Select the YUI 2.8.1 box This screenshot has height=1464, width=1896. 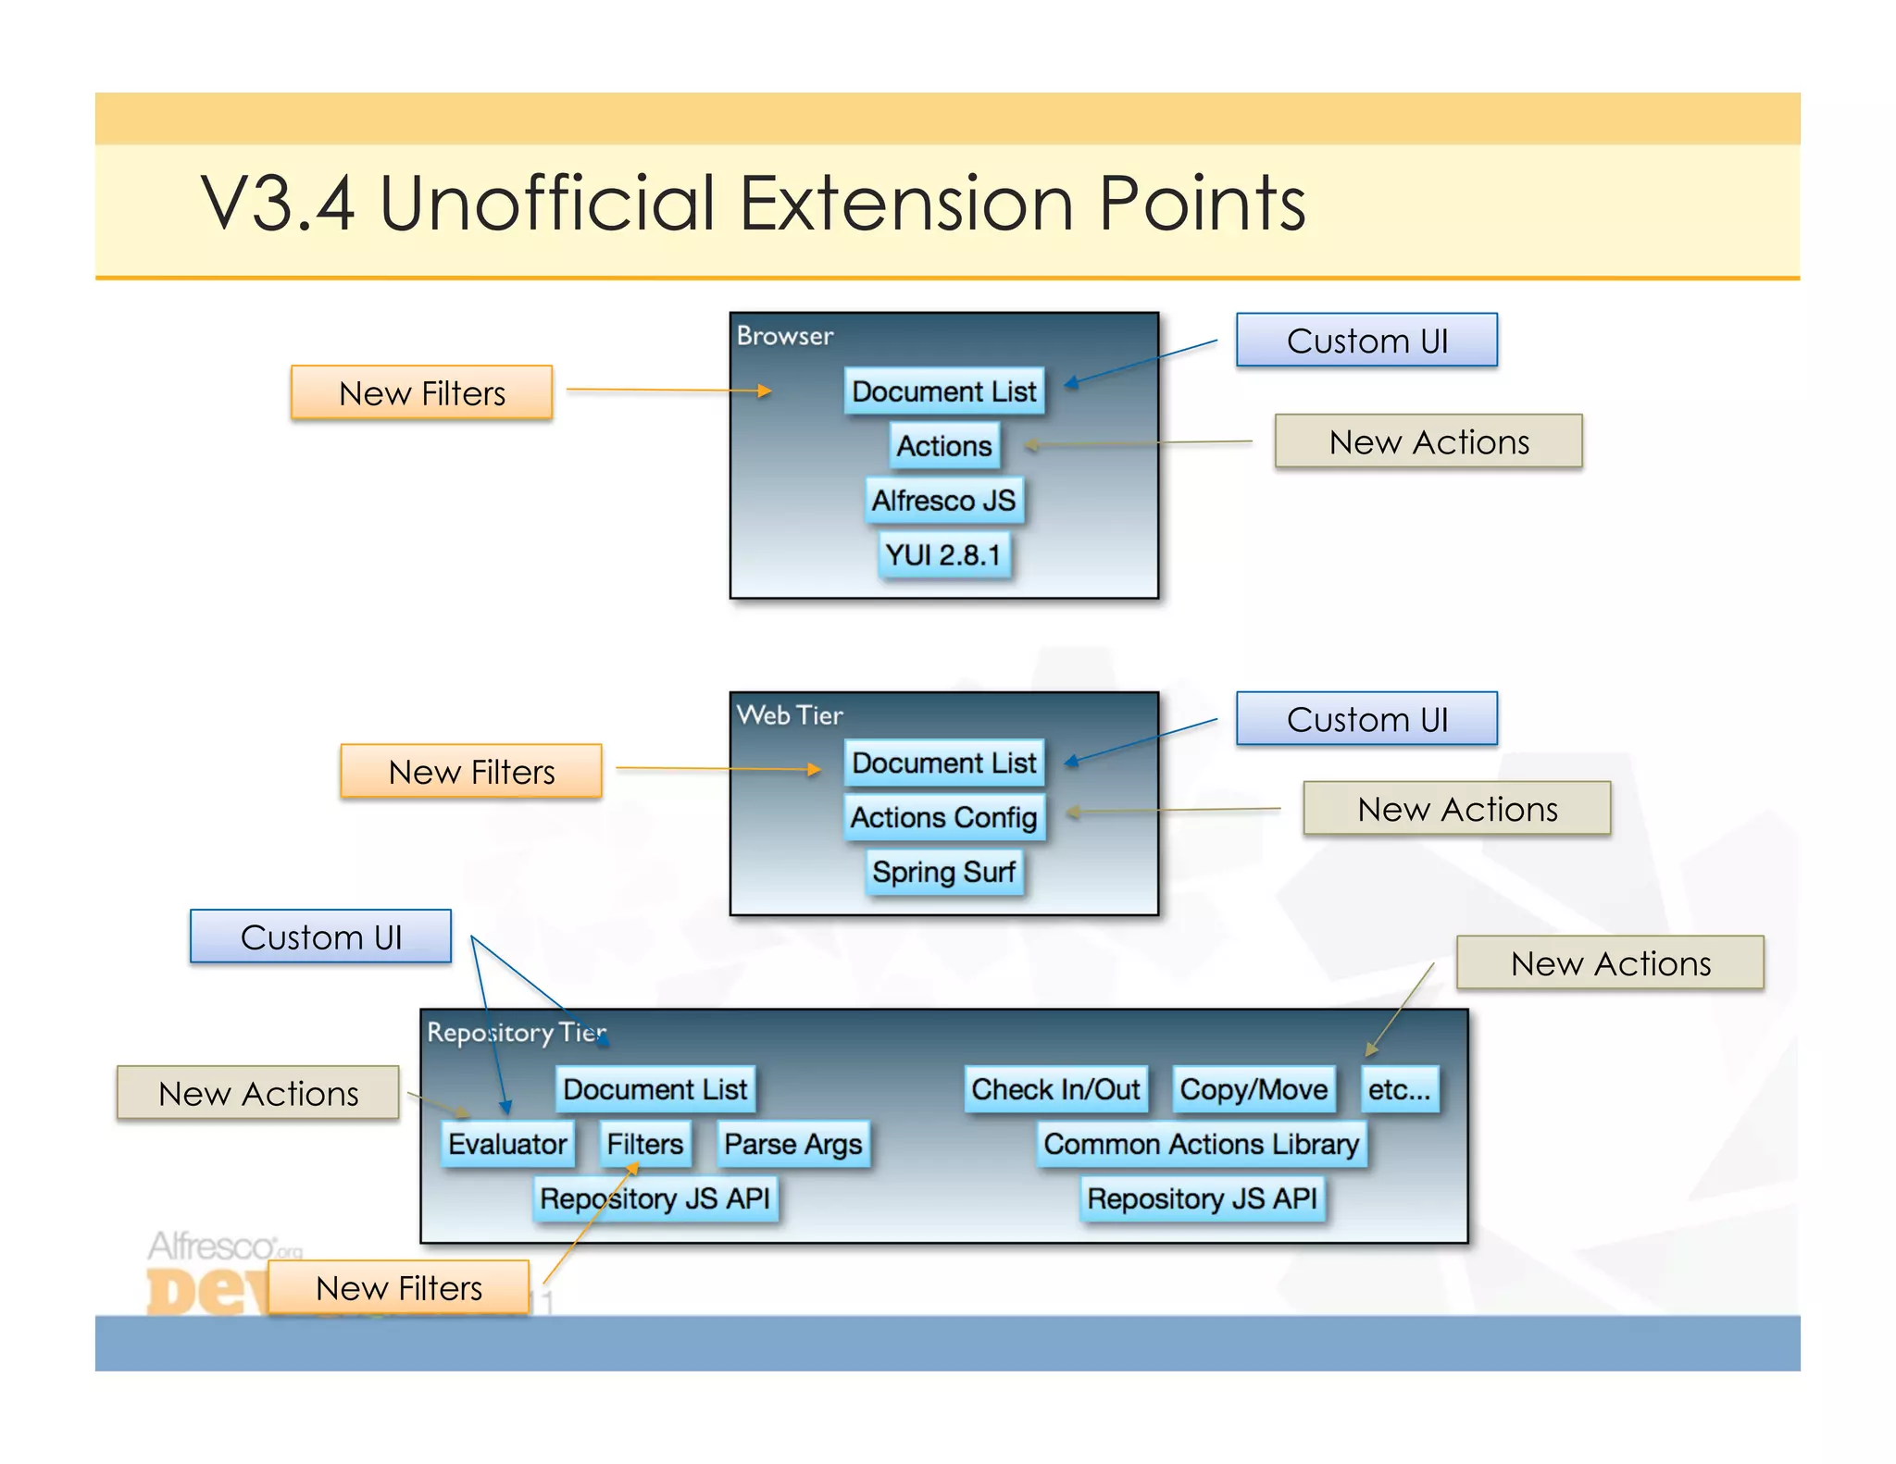pos(943,554)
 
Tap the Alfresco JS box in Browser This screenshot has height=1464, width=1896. pos(943,501)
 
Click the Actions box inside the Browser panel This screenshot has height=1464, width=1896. pos(943,446)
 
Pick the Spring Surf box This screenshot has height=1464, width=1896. pos(943,872)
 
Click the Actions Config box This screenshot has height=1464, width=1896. pos(943,817)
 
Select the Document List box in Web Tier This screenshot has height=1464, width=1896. pos(943,763)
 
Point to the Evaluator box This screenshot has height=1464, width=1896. pos(507,1144)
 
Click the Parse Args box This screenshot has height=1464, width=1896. pos(792,1144)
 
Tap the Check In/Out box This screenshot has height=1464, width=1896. pos(1055,1089)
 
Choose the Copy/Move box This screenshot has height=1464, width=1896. pos(1254,1089)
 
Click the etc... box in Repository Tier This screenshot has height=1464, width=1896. pos(1399,1089)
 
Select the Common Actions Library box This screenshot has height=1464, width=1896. pos(1201,1144)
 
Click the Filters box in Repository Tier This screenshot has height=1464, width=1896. pos(644,1144)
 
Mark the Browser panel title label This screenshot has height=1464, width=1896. pos(785,336)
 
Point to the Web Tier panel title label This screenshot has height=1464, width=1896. pos(790,715)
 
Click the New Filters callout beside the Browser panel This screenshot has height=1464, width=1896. pos(422,393)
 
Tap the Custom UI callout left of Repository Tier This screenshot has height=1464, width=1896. pos(321,937)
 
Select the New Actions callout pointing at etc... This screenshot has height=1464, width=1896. pos(1610,963)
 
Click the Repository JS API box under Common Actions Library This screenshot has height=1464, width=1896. pos(1202,1198)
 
